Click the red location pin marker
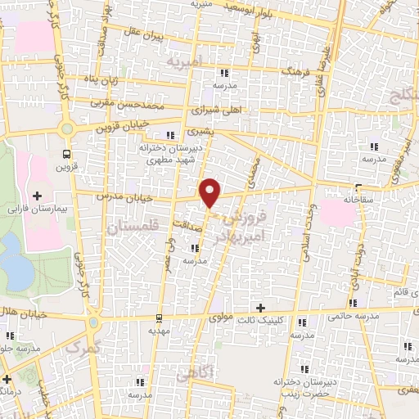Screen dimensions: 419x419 click(x=211, y=193)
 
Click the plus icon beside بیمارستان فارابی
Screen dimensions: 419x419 click(x=37, y=196)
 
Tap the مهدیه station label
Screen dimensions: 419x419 click(x=158, y=333)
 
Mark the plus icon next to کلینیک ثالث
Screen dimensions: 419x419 click(x=260, y=309)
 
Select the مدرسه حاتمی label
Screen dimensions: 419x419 click(x=352, y=314)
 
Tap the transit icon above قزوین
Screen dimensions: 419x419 click(x=66, y=152)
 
